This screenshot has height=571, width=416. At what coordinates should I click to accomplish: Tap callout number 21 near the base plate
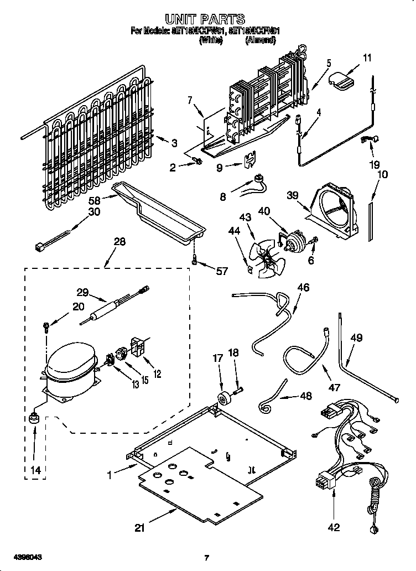click(139, 528)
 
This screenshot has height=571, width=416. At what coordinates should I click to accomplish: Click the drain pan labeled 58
click(160, 210)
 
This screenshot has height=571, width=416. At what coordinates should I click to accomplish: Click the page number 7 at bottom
click(206, 558)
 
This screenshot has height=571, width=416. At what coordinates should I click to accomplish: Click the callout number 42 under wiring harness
click(333, 527)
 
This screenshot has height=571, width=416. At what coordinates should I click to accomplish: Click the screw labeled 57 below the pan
click(195, 259)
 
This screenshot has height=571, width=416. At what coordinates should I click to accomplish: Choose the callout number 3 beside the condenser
click(174, 143)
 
